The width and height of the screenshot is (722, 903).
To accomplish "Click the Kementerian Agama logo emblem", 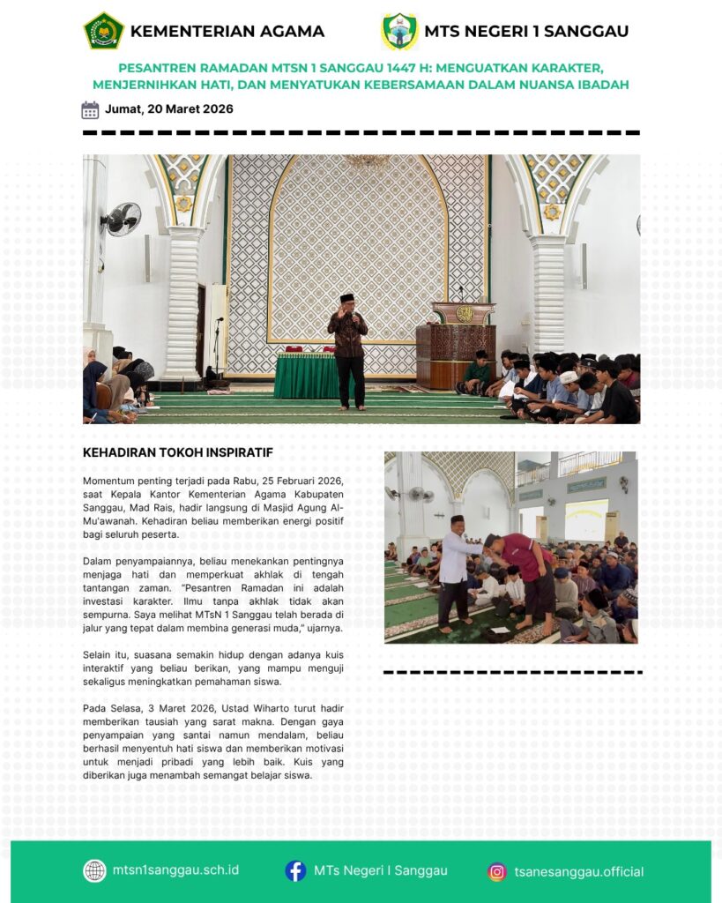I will coord(103,31).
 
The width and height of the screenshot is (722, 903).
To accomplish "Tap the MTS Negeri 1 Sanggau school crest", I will coord(399,31).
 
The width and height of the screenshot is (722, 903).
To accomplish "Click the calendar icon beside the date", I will coord(90,110).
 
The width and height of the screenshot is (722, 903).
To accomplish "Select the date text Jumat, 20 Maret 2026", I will coord(168,109).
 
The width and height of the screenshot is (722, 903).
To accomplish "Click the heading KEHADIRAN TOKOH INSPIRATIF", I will coord(177,452).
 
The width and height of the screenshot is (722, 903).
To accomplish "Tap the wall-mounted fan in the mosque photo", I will coord(122,218).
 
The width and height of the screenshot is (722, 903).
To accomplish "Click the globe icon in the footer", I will coord(94,870).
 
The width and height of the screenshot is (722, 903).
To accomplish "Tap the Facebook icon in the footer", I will coord(295,870).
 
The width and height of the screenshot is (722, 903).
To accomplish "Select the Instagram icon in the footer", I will coord(497,871).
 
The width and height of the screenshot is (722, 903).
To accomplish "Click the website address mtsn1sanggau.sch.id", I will coord(175,870).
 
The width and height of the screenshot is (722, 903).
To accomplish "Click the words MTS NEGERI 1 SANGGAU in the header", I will coord(526,32).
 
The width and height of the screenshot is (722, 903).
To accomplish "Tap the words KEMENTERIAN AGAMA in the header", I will coord(227,32).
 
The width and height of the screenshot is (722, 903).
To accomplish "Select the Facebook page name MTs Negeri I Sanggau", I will coord(380,870).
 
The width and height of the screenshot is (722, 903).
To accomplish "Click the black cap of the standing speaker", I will coord(346,298).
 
